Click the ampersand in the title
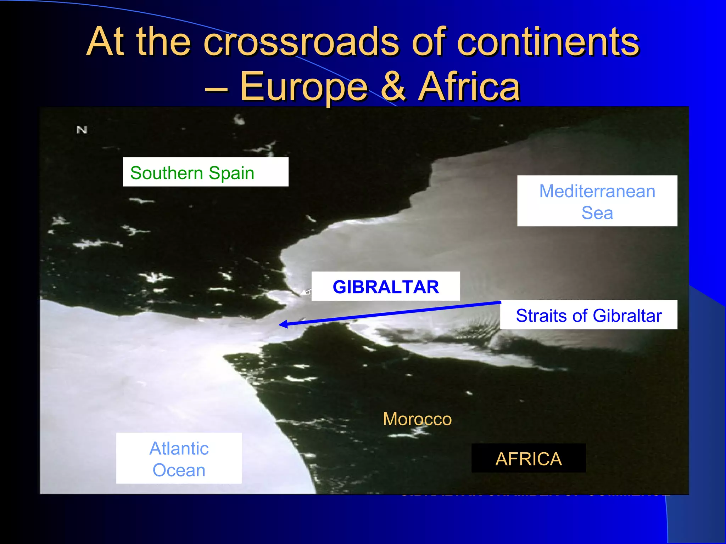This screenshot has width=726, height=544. coord(393,86)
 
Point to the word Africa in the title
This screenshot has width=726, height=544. coord(469,86)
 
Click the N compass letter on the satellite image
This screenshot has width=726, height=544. coord(82,130)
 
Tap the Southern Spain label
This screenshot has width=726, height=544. coord(205,172)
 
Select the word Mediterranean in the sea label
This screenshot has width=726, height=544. coord(597,191)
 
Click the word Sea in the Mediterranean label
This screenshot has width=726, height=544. coord(597,213)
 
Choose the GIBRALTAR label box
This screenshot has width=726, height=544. coord(386,287)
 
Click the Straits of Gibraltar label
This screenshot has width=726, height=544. coord(588,315)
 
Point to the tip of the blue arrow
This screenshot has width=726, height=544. coord(280,324)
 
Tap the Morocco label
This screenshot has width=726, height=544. coord(417,419)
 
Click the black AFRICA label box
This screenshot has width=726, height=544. coord(528,458)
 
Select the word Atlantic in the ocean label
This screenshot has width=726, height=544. coord(179,448)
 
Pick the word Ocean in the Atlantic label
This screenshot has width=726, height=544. coord(179,470)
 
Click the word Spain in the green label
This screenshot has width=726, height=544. coord(231,173)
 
